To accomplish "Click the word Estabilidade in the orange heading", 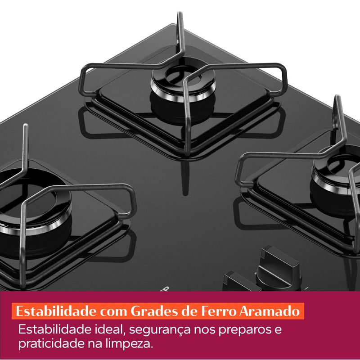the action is [56, 311].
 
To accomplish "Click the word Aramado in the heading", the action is [269, 311].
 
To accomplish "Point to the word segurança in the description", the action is [160, 330].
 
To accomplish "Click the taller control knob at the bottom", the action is [278, 269].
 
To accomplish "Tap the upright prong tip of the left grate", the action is [26, 126].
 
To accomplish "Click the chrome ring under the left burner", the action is [35, 226].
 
